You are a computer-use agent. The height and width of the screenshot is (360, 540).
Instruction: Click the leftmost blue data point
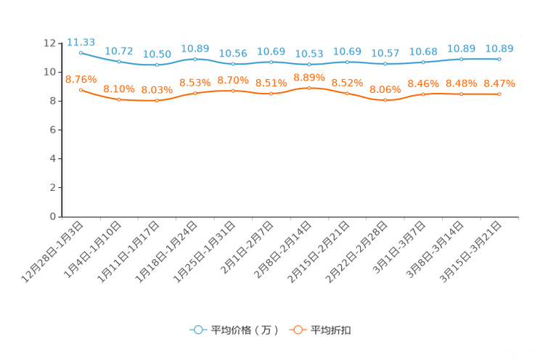(81, 52)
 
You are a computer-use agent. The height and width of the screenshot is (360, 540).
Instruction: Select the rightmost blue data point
(499, 59)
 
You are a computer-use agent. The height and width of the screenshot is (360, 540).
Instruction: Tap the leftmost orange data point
(81, 89)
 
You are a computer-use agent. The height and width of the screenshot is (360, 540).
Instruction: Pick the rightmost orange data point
(499, 94)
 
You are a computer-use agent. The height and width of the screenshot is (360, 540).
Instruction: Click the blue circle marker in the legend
(197, 330)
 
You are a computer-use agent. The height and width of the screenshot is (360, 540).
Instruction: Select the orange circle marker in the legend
(298, 330)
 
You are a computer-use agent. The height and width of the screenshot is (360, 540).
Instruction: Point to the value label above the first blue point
(81, 41)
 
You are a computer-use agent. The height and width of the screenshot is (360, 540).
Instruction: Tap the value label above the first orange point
(76, 78)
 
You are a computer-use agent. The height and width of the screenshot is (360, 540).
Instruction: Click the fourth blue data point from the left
(195, 59)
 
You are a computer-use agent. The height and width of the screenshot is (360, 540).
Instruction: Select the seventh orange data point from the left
(309, 87)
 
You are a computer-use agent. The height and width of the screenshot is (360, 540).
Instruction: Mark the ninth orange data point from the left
(385, 100)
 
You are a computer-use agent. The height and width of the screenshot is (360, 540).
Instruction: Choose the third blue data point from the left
(157, 65)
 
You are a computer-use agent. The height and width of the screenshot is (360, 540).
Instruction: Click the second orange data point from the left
(119, 99)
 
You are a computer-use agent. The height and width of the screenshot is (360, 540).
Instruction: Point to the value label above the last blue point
(499, 48)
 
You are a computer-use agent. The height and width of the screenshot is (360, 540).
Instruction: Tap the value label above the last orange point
(499, 83)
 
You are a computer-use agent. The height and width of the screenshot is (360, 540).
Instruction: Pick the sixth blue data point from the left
(271, 62)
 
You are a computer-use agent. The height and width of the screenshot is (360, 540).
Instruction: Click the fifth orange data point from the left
(233, 91)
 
